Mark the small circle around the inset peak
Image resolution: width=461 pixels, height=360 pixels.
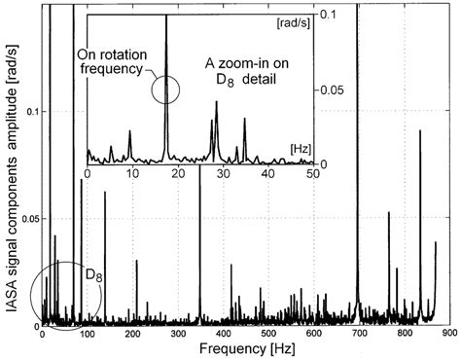[166, 90]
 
